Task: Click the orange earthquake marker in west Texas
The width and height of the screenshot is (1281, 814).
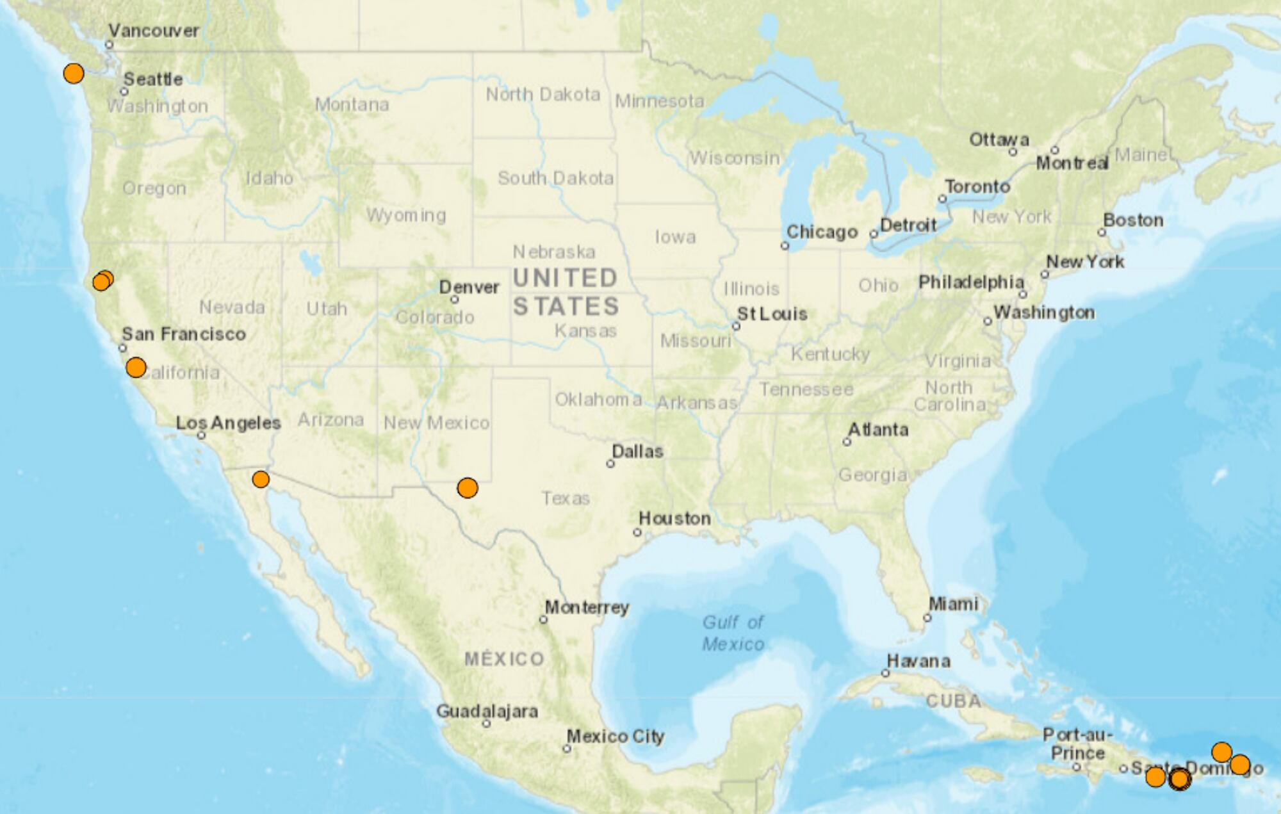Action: click(x=468, y=488)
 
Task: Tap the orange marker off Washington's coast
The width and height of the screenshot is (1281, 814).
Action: click(x=74, y=73)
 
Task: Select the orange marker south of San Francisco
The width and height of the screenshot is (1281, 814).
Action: click(x=136, y=368)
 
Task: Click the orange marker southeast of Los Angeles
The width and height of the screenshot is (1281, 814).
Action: click(x=261, y=479)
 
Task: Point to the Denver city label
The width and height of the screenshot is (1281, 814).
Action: click(x=469, y=287)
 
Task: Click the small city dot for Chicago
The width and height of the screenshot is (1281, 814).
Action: click(x=785, y=246)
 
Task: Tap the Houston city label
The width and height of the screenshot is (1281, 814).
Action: click(x=674, y=518)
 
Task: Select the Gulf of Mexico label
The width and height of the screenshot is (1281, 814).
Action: click(x=733, y=633)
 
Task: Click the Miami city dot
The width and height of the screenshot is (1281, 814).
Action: click(x=927, y=618)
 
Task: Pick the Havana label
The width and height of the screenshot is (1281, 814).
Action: click(x=918, y=661)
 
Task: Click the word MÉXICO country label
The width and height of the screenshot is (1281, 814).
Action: click(x=504, y=659)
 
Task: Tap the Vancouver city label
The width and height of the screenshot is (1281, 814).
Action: click(x=154, y=31)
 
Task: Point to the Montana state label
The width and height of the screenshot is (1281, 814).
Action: click(x=352, y=104)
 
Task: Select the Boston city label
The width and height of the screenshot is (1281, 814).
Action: click(x=1133, y=220)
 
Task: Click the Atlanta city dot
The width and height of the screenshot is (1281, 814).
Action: click(x=847, y=442)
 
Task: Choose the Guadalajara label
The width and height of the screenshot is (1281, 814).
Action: click(x=487, y=711)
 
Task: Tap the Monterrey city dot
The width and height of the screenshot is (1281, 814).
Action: click(x=543, y=619)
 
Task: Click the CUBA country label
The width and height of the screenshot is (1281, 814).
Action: click(x=953, y=701)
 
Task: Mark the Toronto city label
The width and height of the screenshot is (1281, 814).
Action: click(x=977, y=186)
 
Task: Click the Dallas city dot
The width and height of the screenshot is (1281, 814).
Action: click(x=610, y=464)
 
